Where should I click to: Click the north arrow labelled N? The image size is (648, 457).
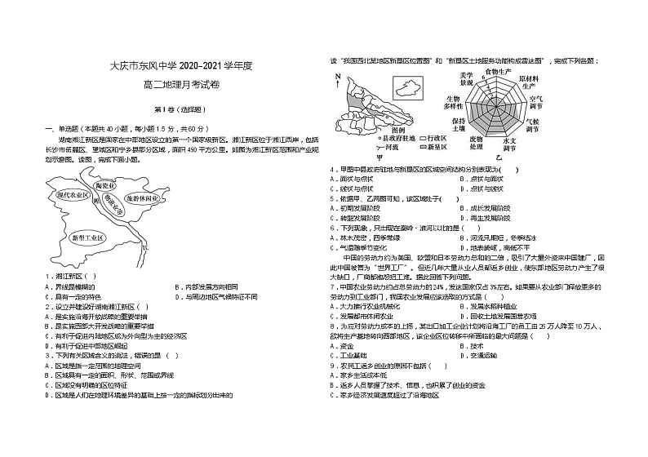[337, 78]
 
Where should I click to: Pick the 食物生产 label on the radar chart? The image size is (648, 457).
[497, 72]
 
